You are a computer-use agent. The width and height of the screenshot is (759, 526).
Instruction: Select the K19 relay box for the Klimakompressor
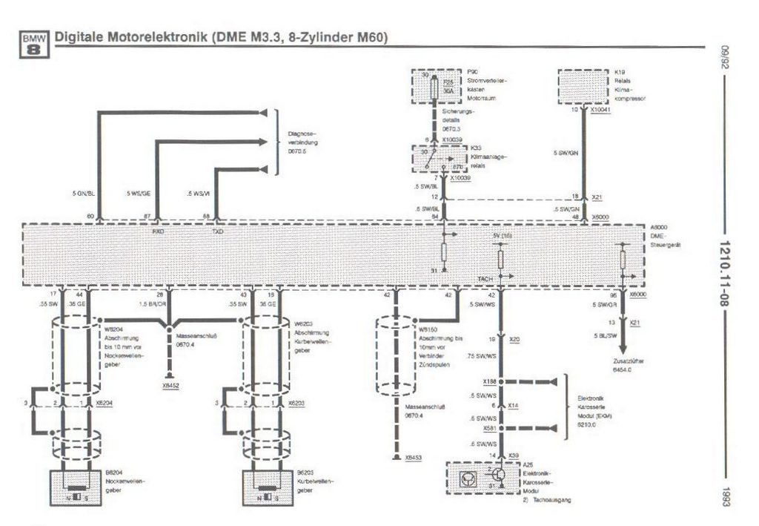[583, 88]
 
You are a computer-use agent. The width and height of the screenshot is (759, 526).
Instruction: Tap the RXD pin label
[157, 231]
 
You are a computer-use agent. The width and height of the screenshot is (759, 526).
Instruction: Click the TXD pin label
[217, 231]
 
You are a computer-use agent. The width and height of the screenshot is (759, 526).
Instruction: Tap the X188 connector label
[489, 381]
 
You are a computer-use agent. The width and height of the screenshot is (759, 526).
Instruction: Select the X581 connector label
[489, 428]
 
